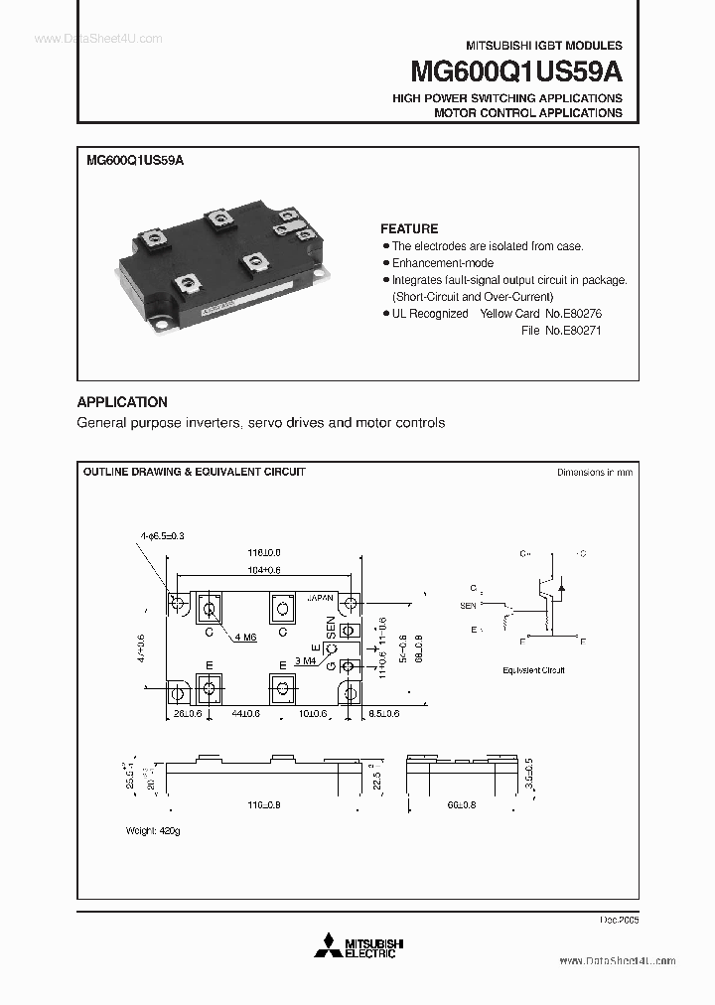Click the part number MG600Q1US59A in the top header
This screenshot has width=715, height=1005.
515,72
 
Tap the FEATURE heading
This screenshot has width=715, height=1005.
408,228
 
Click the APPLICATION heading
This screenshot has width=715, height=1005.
122,402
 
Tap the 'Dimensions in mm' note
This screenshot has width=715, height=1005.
594,473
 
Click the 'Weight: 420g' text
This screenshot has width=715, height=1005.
153,829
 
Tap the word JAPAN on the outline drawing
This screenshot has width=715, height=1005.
321,599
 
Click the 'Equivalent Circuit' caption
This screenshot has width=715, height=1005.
533,670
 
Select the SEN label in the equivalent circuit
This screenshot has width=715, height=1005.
468,605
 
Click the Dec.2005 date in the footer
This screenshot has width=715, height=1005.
618,920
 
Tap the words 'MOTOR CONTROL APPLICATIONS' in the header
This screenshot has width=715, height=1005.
527,113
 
